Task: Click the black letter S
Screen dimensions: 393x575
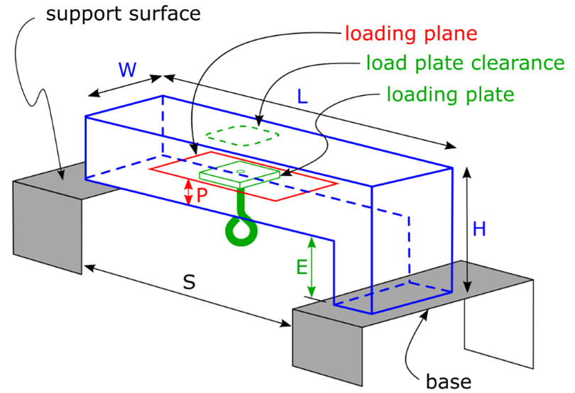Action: coord(189,282)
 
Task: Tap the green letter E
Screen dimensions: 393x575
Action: coord(302,267)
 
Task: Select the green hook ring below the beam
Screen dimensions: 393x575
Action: coord(241,229)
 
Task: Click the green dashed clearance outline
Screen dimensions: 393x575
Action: coord(242,135)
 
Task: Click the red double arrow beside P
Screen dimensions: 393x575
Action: coord(188,192)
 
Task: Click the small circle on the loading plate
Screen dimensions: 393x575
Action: coord(241,171)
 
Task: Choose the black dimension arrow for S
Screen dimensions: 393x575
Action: coord(187,296)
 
